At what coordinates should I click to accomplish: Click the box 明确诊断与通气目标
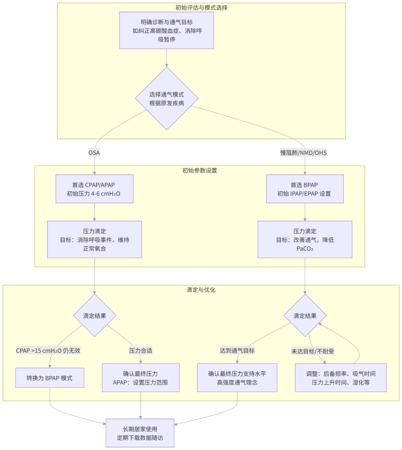[166, 30]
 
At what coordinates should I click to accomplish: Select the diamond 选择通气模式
[166, 98]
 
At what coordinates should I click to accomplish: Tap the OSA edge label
[94, 153]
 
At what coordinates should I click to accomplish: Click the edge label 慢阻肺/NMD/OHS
[303, 153]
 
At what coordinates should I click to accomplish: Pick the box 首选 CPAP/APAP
[94, 189]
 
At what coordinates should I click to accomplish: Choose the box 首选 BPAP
[304, 189]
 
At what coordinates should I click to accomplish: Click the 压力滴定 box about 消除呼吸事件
[94, 240]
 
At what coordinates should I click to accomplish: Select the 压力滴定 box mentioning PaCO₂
[304, 240]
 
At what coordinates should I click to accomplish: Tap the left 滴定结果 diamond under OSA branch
[95, 316]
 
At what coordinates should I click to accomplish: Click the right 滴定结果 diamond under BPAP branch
[305, 316]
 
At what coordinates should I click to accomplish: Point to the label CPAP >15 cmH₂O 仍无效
[48, 350]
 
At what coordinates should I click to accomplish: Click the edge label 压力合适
[140, 350]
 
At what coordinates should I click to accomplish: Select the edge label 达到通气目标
[237, 350]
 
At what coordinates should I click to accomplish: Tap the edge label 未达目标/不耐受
[313, 351]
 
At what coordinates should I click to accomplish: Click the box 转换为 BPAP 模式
[50, 378]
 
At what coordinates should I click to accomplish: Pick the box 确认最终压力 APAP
[140, 378]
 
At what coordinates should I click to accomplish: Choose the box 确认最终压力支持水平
[237, 378]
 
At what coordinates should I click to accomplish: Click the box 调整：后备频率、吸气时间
[341, 378]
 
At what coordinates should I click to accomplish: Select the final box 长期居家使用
[140, 433]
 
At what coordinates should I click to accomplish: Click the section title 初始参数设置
[200, 171]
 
